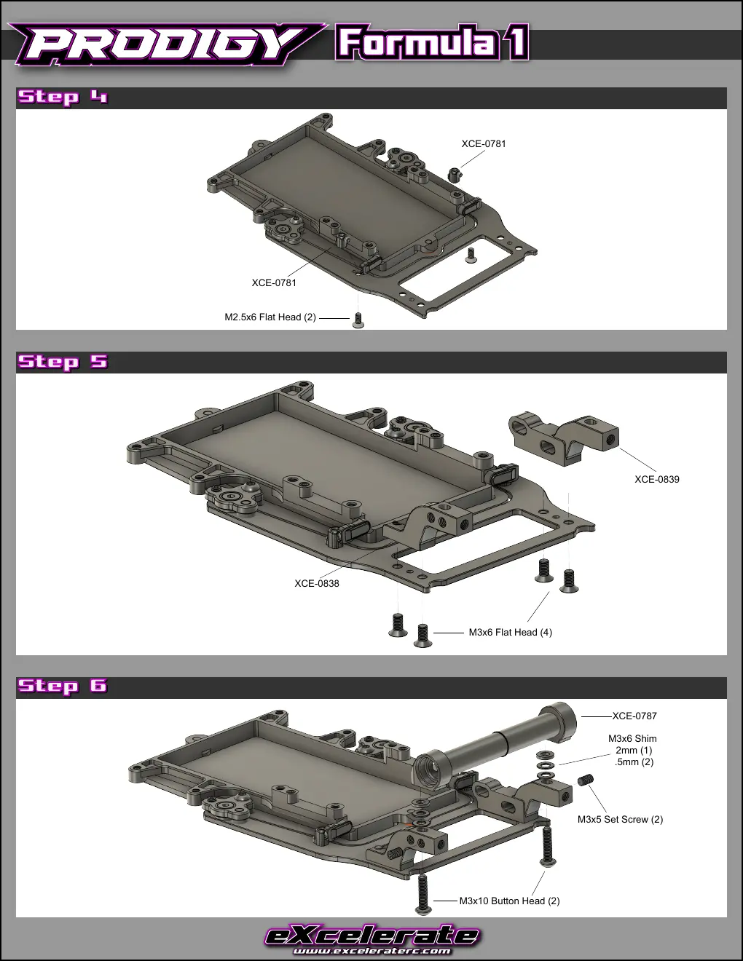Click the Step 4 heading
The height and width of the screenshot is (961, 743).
coord(63,97)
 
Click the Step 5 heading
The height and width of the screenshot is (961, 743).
coord(63,361)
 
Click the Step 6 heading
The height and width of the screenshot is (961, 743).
coord(63,686)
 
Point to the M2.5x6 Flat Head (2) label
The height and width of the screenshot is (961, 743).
coord(270,317)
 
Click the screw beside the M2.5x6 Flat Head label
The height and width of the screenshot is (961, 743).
coord(358,320)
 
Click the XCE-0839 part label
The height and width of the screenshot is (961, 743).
coord(657,479)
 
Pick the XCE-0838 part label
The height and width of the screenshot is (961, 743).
coord(317,583)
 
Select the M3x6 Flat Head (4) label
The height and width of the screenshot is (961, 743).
coord(510,633)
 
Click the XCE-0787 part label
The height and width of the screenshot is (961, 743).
coord(634,716)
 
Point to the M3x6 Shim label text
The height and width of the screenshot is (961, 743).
coord(632,738)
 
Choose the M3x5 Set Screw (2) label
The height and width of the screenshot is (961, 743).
coord(620,820)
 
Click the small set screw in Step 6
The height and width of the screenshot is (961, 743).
coord(586,780)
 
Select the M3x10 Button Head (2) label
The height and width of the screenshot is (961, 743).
coord(509,901)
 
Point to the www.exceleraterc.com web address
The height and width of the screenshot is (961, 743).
coord(371,950)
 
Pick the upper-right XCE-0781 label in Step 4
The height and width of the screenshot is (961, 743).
coord(483,143)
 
